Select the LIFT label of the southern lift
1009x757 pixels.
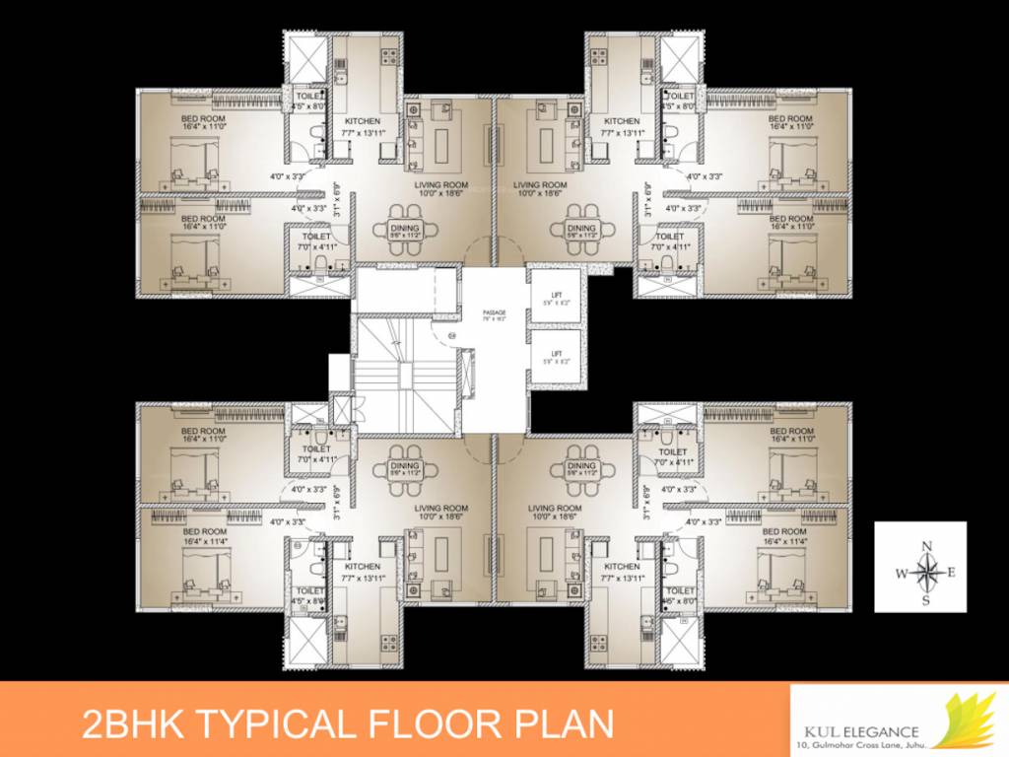tap(556, 353)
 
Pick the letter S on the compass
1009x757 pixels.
tap(926, 598)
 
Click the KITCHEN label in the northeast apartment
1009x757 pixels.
tap(623, 121)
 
